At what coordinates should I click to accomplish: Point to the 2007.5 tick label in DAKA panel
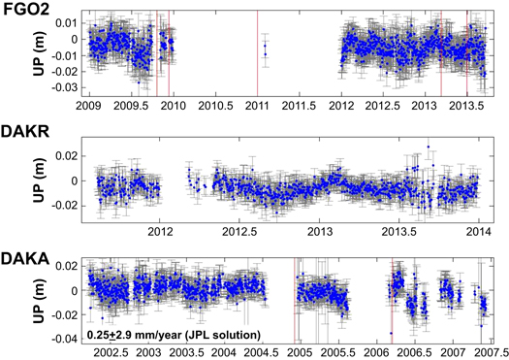click(x=486, y=353)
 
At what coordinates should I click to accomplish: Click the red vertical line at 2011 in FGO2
click(x=257, y=68)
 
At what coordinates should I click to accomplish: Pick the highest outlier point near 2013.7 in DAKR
click(x=429, y=148)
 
